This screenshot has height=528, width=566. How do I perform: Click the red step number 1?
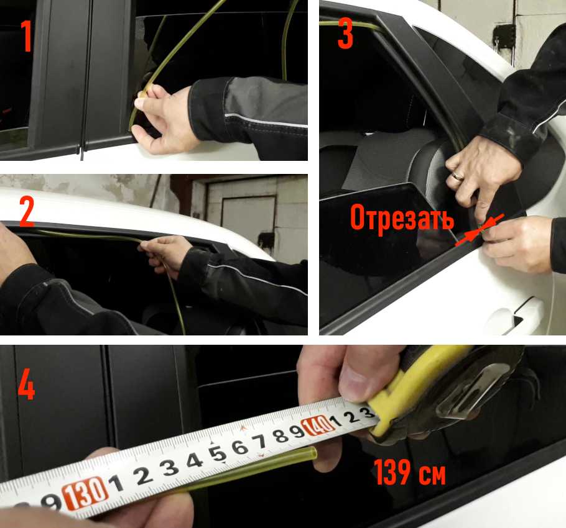pyautogui.click(x=27, y=35)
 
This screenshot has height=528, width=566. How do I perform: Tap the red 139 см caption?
pyautogui.click(x=410, y=472)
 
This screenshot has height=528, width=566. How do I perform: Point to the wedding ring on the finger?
pyautogui.click(x=457, y=176)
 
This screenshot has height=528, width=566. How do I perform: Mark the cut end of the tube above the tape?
pyautogui.click(x=313, y=452)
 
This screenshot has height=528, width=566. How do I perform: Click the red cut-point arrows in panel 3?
pyautogui.click(x=479, y=230)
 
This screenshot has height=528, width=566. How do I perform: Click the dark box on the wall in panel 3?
pyautogui.click(x=504, y=37)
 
